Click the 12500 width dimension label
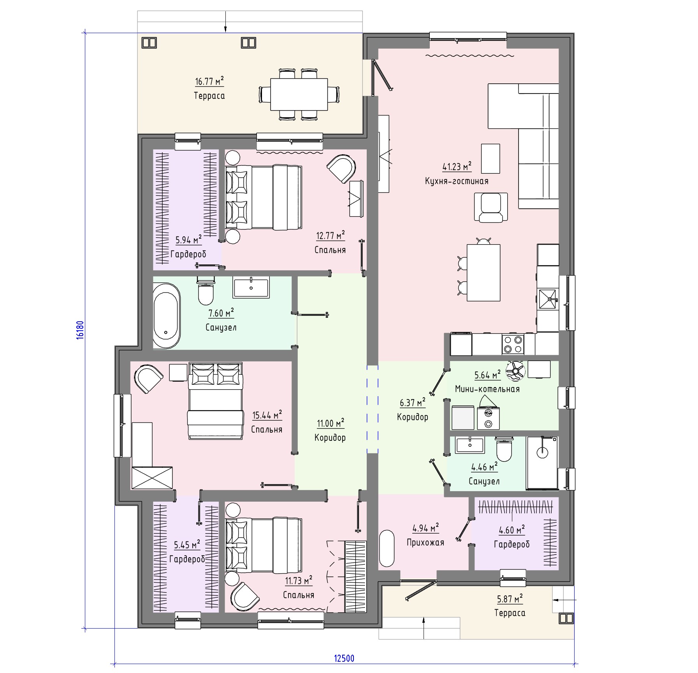point(344,658)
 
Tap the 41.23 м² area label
point(457,166)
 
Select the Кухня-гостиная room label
point(457,181)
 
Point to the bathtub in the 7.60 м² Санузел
point(167,315)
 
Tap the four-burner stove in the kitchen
point(513,344)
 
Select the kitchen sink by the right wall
point(548,299)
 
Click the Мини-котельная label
point(487,389)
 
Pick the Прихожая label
point(425,542)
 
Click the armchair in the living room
point(491,207)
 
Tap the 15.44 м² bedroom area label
point(267,415)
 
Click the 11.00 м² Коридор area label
point(330,423)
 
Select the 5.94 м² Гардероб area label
point(188,239)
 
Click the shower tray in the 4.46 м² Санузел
point(542,463)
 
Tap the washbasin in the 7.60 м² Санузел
point(251,287)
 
